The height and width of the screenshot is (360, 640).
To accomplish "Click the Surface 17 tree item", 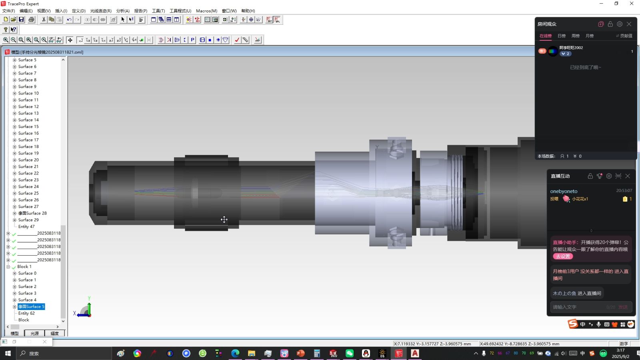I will coord(28,140).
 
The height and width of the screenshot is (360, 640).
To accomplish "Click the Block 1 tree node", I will coord(24,267).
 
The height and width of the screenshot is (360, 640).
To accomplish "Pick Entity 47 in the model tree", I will coord(26,227).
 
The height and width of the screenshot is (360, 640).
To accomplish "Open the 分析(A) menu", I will coord(123,11).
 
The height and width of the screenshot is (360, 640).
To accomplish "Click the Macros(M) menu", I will coord(206,11).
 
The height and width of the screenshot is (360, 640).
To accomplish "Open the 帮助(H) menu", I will coord(248,11).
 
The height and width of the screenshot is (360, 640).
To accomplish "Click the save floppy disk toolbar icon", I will coord(22,20).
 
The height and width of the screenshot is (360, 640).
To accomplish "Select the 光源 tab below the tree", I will coord(35,333).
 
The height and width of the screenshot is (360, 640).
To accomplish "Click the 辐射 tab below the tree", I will coord(54,333).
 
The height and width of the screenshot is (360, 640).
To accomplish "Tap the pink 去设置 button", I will coord(563,256).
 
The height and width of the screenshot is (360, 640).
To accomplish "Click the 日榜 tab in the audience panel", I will coord(562,36).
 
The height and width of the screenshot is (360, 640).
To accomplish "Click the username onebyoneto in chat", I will coord(564,191).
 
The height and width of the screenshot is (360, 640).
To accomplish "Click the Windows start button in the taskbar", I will coord(8,353).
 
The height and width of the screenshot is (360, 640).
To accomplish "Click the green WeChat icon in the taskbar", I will coord(350,353).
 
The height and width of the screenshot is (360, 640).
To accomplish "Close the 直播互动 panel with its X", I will coord(628,176).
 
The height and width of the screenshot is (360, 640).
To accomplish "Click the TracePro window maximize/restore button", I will coord(616,4).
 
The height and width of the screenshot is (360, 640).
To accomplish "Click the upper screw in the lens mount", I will coord(396,149).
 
